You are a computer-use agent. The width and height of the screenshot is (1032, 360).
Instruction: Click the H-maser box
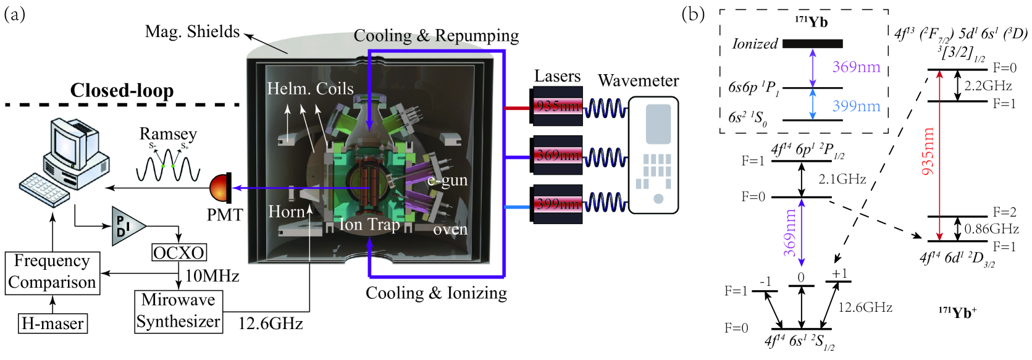coord(52,324)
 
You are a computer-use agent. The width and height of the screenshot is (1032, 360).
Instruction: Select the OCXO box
coord(178,253)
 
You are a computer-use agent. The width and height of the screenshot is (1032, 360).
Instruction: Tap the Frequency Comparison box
coord(52,272)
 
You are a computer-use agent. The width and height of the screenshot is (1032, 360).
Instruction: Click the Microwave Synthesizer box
coord(178,311)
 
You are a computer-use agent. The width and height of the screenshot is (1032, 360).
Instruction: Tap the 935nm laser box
coord(557,106)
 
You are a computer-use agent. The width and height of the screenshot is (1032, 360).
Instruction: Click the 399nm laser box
coord(557,204)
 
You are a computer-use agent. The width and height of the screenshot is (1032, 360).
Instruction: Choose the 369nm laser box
coord(557,155)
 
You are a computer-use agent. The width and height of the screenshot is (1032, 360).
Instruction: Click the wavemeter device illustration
coord(653,154)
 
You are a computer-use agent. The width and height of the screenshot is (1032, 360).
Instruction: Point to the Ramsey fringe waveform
coord(168,165)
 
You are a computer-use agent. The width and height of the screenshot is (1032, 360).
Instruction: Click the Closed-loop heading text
coord(122,91)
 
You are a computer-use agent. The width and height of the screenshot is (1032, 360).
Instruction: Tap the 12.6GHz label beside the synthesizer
coord(271,324)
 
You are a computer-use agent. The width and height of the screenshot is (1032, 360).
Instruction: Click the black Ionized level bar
coord(812,44)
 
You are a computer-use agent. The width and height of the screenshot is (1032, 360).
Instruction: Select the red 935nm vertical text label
coord(928,151)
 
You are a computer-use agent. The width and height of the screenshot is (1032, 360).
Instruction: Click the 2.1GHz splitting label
coord(842,179)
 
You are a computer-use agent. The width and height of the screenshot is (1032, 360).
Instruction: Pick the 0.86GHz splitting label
coord(991,229)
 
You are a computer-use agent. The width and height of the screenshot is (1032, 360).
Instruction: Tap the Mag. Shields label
coord(192,31)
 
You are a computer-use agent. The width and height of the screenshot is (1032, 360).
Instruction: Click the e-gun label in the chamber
coord(447,180)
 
